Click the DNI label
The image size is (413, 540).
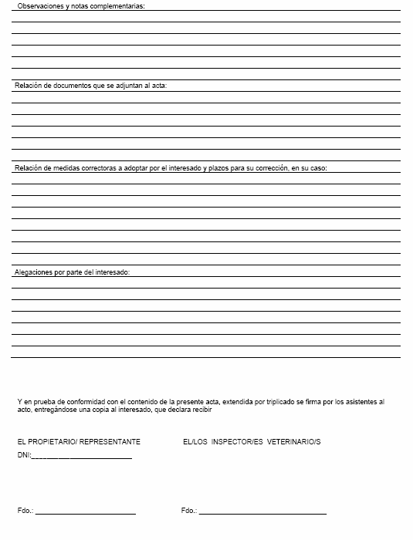23,455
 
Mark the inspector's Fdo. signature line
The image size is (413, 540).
262,512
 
